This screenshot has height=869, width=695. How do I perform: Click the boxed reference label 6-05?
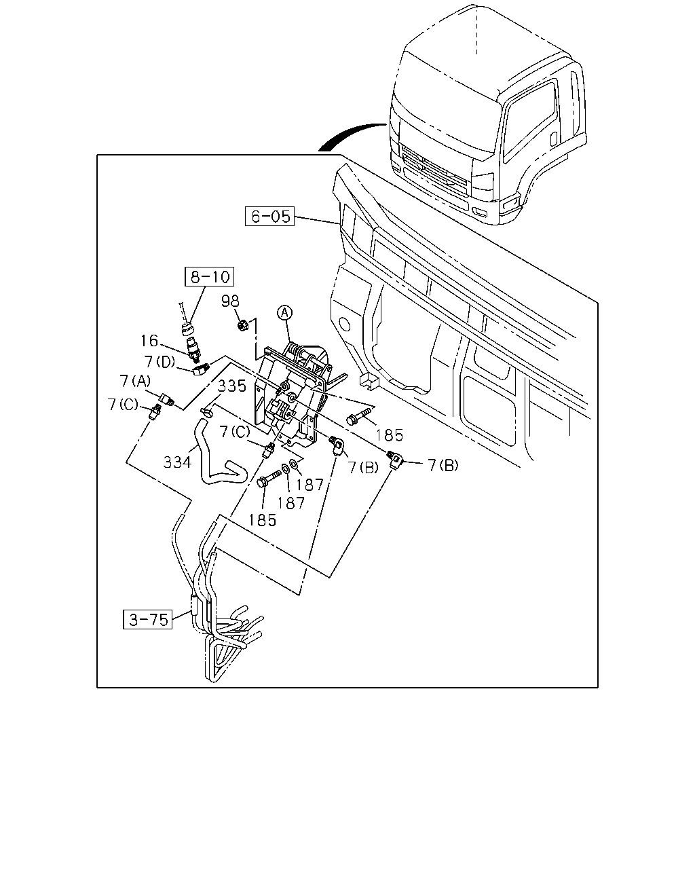coord(269,216)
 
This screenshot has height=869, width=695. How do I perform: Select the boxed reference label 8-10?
coord(209,276)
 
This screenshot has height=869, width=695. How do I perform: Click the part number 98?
coord(230,301)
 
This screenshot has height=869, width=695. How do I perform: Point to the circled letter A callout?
coord(284,312)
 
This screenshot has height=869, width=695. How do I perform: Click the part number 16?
coord(149,341)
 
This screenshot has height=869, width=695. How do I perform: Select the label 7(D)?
coord(160,362)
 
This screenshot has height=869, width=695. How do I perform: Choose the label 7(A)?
coord(135,381)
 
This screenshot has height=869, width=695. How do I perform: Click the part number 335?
coord(232,386)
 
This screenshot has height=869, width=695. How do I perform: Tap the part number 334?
coord(177,462)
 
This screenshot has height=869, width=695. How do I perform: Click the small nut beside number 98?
coord(242,325)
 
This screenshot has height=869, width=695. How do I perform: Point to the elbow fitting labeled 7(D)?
coord(201,369)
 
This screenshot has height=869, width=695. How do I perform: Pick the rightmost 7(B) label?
coord(443,466)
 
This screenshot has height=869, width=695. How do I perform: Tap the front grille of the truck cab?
coord(435,169)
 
